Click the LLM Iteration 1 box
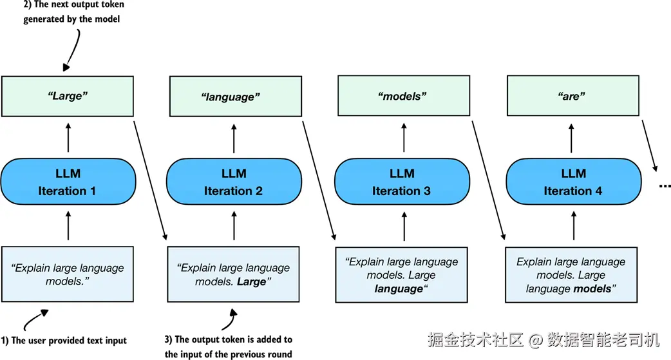click(x=68, y=182)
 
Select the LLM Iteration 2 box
click(x=234, y=182)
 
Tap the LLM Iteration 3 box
click(x=402, y=182)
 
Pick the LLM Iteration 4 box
click(x=573, y=182)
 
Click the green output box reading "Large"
click(x=68, y=97)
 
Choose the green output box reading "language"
click(x=235, y=97)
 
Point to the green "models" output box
click(x=404, y=96)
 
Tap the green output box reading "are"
click(x=573, y=96)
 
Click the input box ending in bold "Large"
click(x=233, y=274)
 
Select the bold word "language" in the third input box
click(x=399, y=289)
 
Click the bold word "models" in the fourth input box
click(x=592, y=289)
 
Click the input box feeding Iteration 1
click(x=68, y=274)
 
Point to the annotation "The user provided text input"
click(x=64, y=341)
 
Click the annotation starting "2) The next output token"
click(x=73, y=12)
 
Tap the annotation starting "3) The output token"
click(x=229, y=347)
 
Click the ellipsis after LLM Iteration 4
click(x=665, y=186)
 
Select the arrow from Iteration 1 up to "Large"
click(x=68, y=138)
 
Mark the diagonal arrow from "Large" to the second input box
click(x=150, y=180)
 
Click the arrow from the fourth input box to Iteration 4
click(x=574, y=225)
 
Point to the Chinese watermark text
click(x=543, y=340)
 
